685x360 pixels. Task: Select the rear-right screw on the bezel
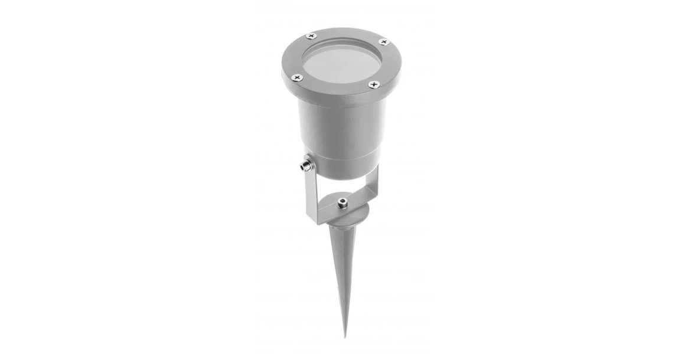[383, 42]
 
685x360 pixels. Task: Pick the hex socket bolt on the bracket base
[342, 203]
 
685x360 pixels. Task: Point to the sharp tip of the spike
[345, 335]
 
